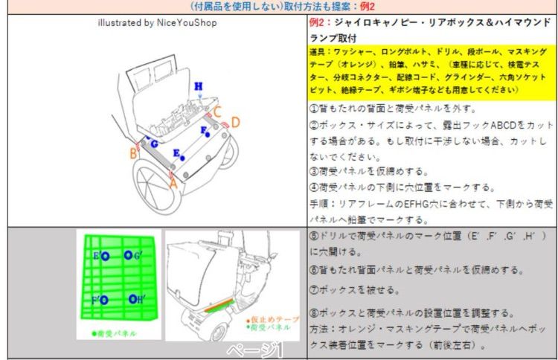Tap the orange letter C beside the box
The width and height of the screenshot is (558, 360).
coord(217,112)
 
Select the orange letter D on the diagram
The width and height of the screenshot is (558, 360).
coord(235,122)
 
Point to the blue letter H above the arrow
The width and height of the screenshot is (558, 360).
coord(199,86)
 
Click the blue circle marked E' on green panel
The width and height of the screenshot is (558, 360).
coord(105,257)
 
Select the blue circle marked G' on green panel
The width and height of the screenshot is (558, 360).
coord(128,256)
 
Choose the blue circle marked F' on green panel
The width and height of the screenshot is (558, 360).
coord(105,300)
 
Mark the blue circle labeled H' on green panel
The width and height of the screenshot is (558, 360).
coord(131,300)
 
